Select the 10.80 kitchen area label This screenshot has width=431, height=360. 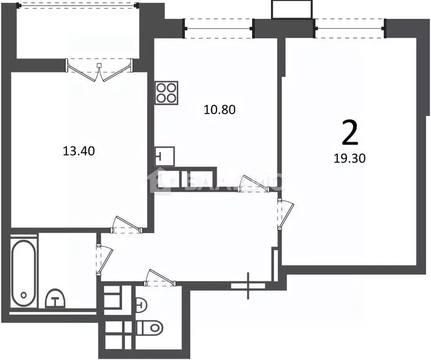[219, 109]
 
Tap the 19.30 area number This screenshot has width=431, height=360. [349, 158]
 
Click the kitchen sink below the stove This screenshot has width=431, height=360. [165, 156]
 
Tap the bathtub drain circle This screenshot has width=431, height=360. [23, 296]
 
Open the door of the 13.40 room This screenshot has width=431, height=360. [127, 224]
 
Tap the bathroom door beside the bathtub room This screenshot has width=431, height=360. [104, 259]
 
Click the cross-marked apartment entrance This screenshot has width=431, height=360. [248, 284]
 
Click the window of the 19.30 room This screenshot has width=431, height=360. [349, 28]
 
